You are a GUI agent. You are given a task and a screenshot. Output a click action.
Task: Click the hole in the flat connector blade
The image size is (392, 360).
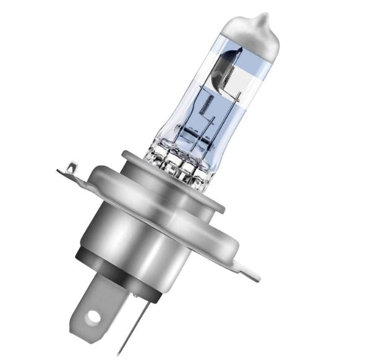point(93,317)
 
